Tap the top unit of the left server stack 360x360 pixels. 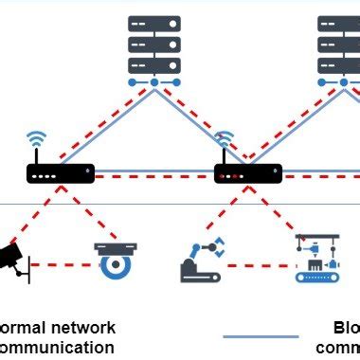point(154,24)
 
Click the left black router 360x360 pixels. point(61,173)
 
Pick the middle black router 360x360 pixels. point(248,173)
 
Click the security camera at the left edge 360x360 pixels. point(11,258)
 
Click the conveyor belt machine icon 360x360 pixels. point(315,260)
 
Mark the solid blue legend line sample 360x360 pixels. point(261,335)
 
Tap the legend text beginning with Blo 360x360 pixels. point(345,328)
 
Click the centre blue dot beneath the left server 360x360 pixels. point(154,82)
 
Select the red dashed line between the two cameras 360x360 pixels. point(63,265)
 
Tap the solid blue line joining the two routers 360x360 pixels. point(156,172)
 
